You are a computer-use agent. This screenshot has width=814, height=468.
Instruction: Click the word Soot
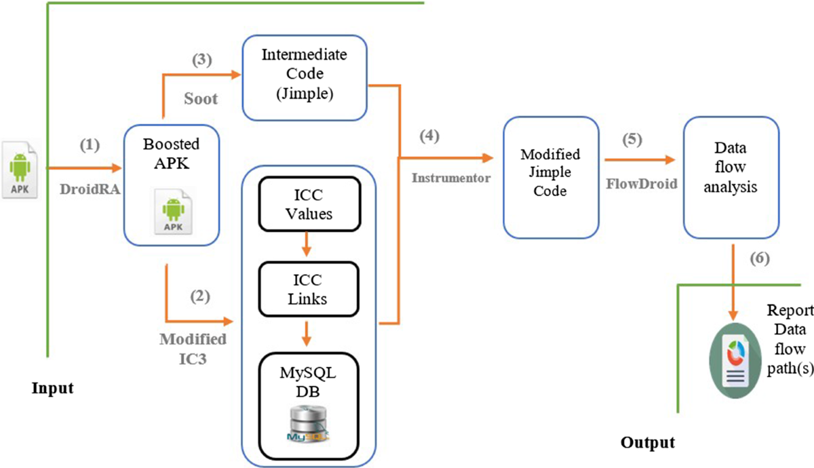pyautogui.click(x=201, y=99)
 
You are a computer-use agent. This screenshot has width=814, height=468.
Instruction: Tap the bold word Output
pyautogui.click(x=648, y=444)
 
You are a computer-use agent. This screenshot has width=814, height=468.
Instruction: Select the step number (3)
pyautogui.click(x=201, y=60)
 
